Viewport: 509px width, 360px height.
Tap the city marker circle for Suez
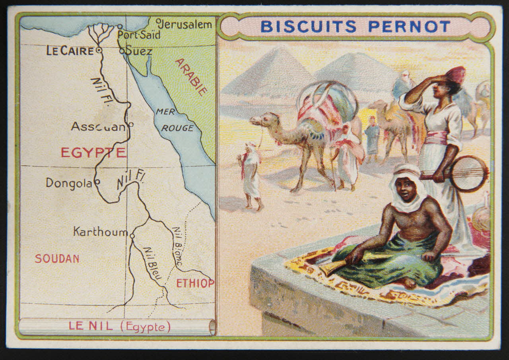pos(122,51)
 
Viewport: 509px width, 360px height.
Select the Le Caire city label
pos(70,51)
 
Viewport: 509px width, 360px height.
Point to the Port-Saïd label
pos(140,35)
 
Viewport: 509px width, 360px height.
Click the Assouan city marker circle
pos(131,124)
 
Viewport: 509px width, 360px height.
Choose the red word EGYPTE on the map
pos(93,153)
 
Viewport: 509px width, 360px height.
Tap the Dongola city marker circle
pos(97,183)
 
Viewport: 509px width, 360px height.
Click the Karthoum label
pos(100,232)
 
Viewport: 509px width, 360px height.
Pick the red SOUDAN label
pos(57,259)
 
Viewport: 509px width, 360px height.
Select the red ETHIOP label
pos(195,283)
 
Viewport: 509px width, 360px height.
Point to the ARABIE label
pos(191,77)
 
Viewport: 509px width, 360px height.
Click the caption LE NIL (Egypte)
pos(119,327)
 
